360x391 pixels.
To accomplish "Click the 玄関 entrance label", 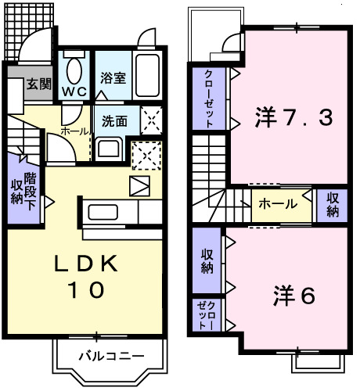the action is click(39, 84).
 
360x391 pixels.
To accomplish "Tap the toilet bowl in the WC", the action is click(74, 70).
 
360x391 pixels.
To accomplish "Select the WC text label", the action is click(74, 91).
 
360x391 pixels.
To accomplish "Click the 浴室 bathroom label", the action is click(113, 77).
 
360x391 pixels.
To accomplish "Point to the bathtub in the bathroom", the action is click(147, 75).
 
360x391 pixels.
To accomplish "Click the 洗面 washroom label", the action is click(114, 121).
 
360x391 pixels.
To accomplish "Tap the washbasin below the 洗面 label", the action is click(109, 149).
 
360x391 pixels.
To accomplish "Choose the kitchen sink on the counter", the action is click(103, 212).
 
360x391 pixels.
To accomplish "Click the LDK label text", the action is click(85, 264).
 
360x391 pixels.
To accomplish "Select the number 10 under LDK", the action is click(86, 289).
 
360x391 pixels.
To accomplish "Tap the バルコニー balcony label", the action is click(112, 356).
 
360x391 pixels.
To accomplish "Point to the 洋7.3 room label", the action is click(294, 117).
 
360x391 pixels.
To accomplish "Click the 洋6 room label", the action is click(294, 296).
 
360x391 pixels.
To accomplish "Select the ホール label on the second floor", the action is click(278, 203).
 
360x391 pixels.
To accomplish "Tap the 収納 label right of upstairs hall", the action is click(333, 205).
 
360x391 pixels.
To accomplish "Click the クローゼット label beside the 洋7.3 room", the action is click(209, 99).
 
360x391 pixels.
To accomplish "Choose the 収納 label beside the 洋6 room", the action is click(207, 261).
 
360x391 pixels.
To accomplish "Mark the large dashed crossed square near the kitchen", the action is click(146, 156).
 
